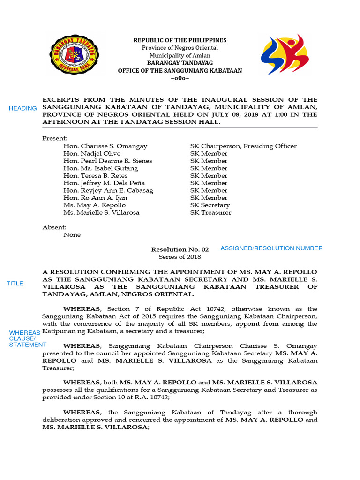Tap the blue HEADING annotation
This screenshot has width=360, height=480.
coord(23,109)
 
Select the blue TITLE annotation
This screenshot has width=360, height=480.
coord(15,284)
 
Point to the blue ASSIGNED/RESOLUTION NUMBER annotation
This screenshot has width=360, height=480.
coord(271,248)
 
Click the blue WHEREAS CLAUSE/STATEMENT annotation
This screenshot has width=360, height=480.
coord(25,338)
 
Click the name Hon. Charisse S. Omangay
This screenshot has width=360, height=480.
coord(105,146)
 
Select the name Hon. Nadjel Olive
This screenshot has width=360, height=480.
coord(92,154)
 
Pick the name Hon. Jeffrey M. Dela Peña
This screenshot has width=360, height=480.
coord(104,183)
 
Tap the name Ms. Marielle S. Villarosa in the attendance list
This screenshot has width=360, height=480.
coord(101,213)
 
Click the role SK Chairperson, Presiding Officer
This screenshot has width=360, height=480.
coord(243,146)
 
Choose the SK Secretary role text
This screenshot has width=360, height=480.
coord(210,205)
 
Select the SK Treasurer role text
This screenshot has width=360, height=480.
coord(210,213)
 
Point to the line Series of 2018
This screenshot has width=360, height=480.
coord(180,257)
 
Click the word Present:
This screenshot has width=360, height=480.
coord(55,139)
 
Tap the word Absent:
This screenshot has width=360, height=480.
coord(54,227)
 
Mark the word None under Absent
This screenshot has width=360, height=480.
coord(72,235)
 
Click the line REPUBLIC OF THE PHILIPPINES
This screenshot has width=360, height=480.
coord(180,40)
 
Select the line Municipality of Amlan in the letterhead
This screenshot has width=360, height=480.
coord(180,55)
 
